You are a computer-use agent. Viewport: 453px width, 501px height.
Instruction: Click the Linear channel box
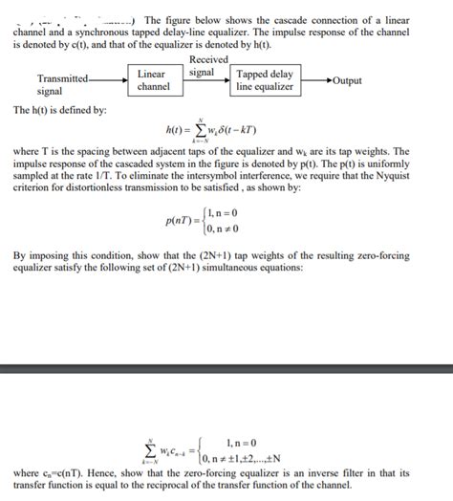[x=152, y=80]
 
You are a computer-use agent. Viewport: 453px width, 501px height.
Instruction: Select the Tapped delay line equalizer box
[x=265, y=80]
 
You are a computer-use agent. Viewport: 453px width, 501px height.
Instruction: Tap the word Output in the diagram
[x=347, y=80]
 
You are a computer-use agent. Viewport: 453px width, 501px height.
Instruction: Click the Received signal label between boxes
[x=208, y=66]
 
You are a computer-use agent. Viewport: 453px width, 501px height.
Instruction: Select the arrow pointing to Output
[x=314, y=80]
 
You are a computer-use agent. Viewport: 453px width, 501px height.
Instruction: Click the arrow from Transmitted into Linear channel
[x=110, y=78]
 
